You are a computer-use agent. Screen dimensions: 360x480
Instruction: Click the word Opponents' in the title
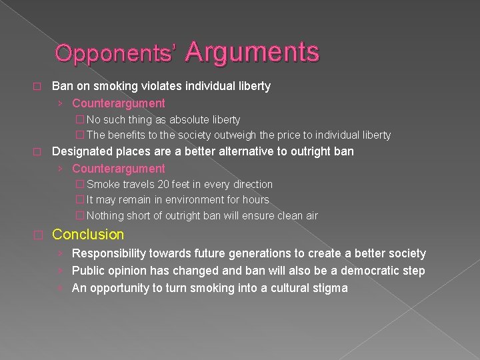(117, 54)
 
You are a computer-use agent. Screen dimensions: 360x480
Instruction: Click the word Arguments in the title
(253, 51)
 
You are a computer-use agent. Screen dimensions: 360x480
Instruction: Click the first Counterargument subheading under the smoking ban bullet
(119, 103)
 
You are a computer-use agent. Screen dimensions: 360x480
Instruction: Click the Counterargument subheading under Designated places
(119, 169)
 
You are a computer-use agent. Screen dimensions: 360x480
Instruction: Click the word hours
(256, 200)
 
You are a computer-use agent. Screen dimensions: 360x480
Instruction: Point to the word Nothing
(105, 215)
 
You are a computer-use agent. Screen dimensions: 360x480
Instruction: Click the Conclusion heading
(88, 235)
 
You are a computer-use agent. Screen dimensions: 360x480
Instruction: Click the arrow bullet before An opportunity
(60, 288)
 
